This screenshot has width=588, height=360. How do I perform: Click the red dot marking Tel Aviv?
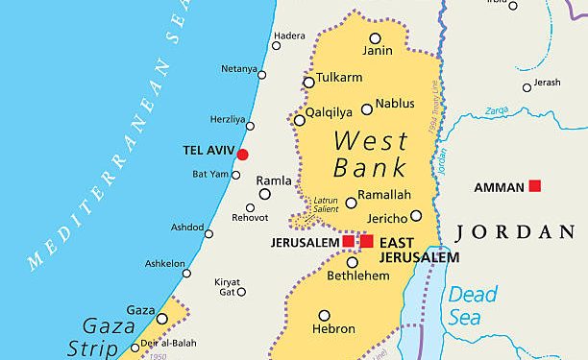pyautogui.click(x=242, y=155)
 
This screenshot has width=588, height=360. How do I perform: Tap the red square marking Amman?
pyautogui.click(x=535, y=186)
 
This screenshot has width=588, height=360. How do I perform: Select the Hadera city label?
pyautogui.click(x=289, y=36)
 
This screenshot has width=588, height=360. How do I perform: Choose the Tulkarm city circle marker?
pyautogui.click(x=308, y=83)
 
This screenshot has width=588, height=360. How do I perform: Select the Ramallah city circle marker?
pyautogui.click(x=350, y=203)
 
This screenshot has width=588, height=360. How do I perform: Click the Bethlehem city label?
pyautogui.click(x=359, y=276)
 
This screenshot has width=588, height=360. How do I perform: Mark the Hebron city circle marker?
pyautogui.click(x=325, y=315)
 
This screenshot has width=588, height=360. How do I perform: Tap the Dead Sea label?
pyautogui.click(x=474, y=305)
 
